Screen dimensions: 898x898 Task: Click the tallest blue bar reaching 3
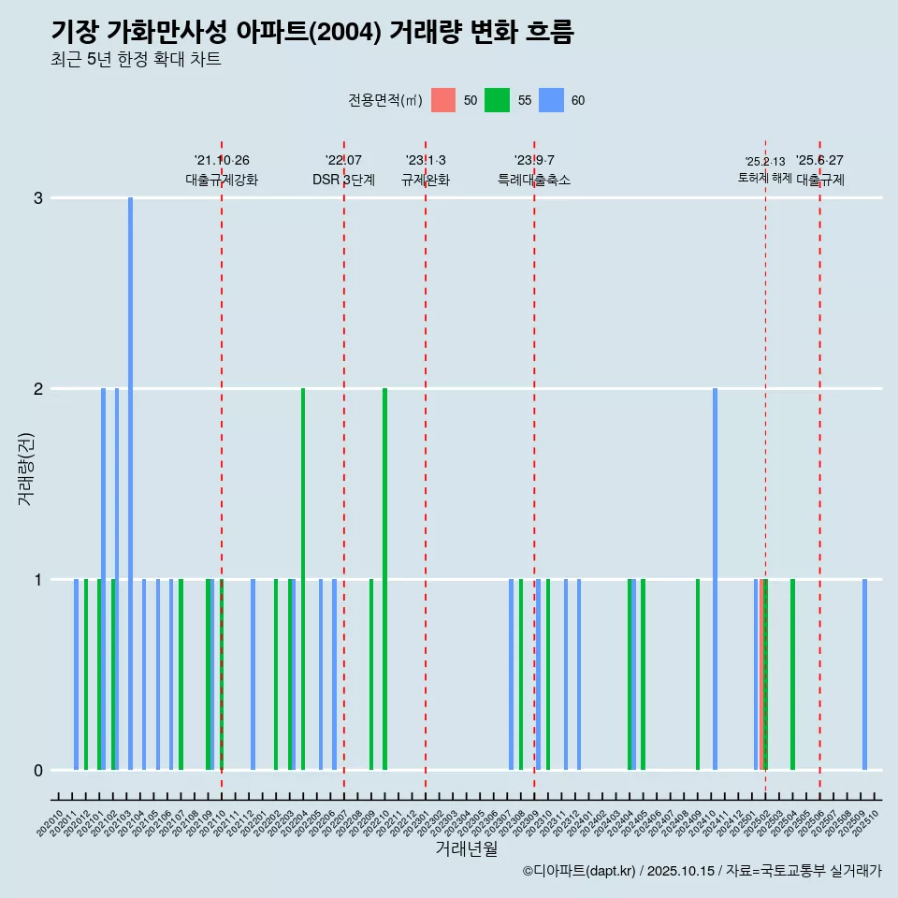(130, 483)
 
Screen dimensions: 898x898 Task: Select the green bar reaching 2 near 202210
(384, 578)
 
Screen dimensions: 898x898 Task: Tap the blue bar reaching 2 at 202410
(715, 578)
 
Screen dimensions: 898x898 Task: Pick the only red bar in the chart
(762, 673)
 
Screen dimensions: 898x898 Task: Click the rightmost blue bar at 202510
(864, 673)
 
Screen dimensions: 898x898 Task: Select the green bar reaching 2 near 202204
(303, 578)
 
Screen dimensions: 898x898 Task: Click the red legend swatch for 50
(443, 100)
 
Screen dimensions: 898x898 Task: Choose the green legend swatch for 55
(497, 100)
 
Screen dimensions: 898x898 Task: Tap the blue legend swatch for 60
(552, 100)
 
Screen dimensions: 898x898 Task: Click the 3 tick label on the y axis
(38, 198)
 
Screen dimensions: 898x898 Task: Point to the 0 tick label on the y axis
(38, 770)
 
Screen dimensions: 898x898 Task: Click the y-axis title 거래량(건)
(25, 469)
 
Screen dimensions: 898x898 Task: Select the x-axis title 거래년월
(466, 848)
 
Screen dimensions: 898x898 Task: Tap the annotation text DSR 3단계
(343, 180)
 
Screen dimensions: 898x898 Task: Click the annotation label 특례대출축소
(533, 180)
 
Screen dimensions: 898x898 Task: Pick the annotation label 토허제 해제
(764, 178)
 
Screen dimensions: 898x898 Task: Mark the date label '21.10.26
(222, 160)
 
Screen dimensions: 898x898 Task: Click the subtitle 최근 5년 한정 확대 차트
(136, 60)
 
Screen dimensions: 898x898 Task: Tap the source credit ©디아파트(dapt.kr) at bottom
(579, 871)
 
